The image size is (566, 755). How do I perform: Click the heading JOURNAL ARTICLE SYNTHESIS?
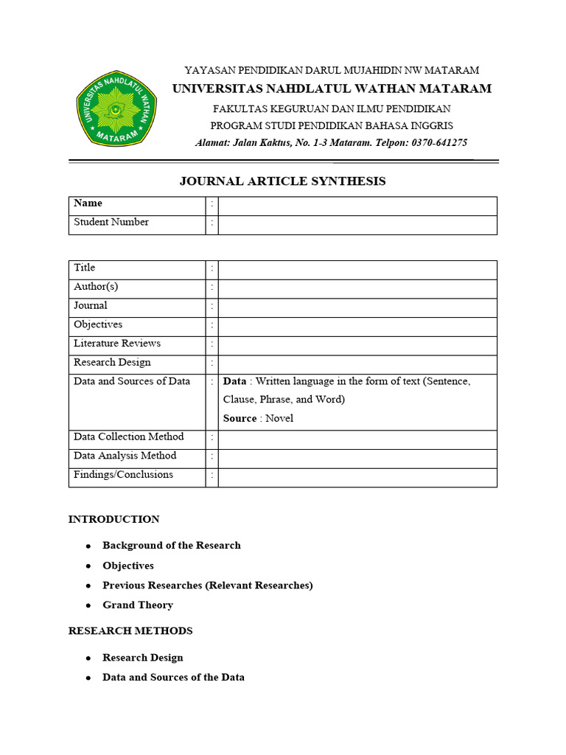point(282,181)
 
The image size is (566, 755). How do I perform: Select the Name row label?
point(88,203)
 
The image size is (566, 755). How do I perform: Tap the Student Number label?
point(111,222)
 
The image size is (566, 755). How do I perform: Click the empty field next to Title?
point(357,269)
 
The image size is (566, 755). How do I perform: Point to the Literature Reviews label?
point(117,344)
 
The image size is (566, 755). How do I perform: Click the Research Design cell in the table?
point(112,363)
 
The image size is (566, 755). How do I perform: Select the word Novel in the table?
point(279,418)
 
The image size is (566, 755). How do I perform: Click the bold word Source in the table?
point(240,418)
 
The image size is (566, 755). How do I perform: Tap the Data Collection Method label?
point(129,437)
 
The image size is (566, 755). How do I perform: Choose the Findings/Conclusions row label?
point(124,475)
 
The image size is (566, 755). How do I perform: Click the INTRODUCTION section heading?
point(113,519)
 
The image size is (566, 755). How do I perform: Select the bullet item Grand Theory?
point(138,605)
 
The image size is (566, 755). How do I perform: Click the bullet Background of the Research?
point(172,546)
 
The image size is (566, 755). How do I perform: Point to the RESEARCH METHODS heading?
point(130,631)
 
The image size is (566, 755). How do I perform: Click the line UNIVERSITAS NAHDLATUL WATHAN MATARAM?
point(332,89)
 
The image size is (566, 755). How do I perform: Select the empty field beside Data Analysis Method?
point(357,458)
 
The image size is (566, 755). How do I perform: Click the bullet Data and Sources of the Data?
point(173,678)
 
